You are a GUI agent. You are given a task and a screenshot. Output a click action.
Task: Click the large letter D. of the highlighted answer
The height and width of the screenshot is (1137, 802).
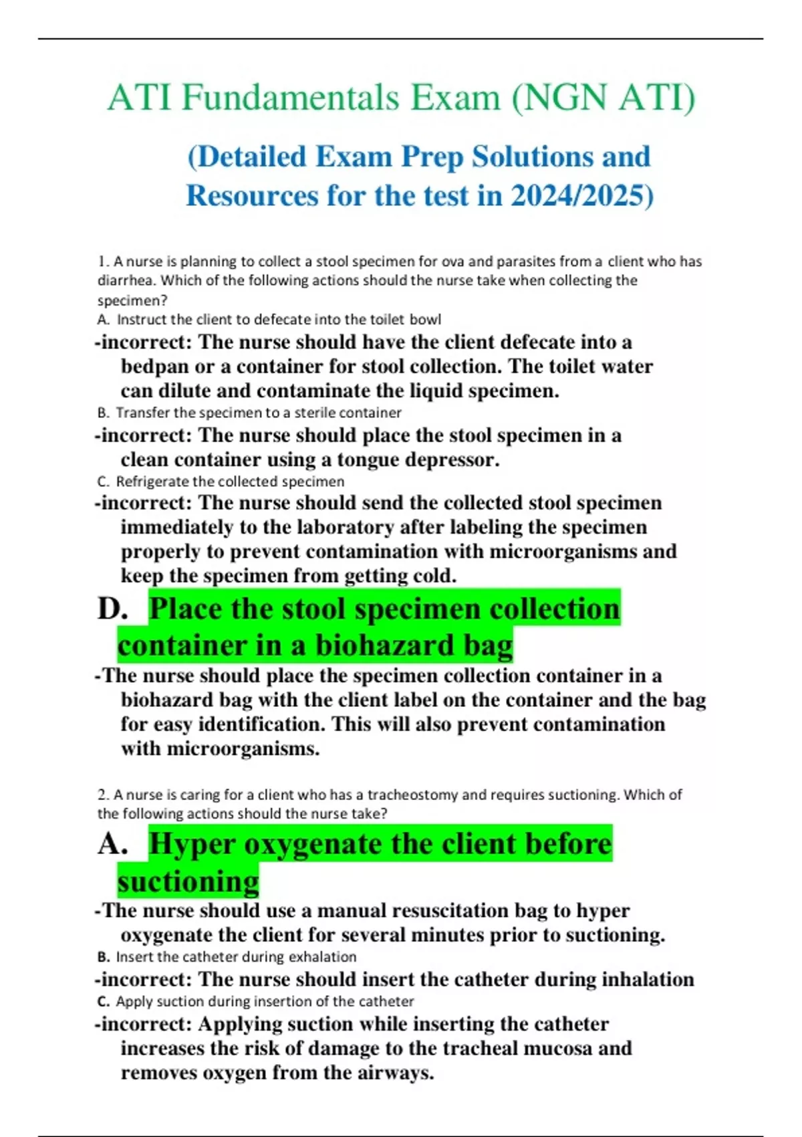(x=112, y=609)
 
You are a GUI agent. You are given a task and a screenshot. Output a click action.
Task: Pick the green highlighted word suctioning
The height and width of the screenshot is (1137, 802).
(x=188, y=882)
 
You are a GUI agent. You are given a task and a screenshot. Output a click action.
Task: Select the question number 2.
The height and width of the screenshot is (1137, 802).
(x=103, y=795)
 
